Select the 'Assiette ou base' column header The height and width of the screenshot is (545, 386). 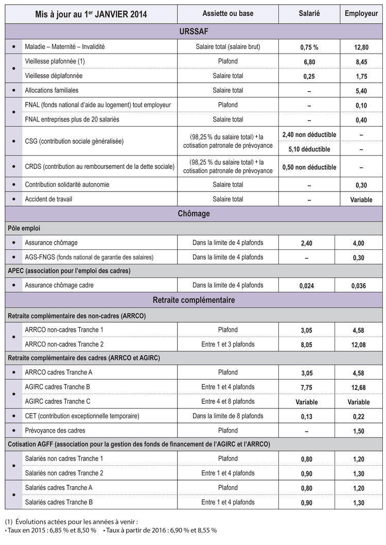pos(228,14)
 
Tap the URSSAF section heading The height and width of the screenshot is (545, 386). pos(194,32)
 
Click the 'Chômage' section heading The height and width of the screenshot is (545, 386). pos(194,213)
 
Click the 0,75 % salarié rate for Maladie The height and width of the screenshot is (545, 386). pos(309,47)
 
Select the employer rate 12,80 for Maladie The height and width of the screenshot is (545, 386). pos(361,47)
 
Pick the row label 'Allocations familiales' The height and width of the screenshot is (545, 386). pos(52,90)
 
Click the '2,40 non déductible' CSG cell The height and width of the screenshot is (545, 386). pos(309,134)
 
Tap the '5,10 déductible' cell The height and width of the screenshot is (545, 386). pos(309,149)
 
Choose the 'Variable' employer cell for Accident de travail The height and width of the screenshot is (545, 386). pos(361,200)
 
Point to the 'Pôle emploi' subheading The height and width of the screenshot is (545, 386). pos(24,228)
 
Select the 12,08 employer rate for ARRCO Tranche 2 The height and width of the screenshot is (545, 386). pos(361,345)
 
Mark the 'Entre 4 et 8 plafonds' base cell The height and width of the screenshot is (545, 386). pos(228,401)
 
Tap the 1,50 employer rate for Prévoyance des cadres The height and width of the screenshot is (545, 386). pos(361,431)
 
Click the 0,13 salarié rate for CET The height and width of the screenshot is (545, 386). pos(309,416)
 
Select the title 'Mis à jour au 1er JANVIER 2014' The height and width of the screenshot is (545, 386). pos(91,14)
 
